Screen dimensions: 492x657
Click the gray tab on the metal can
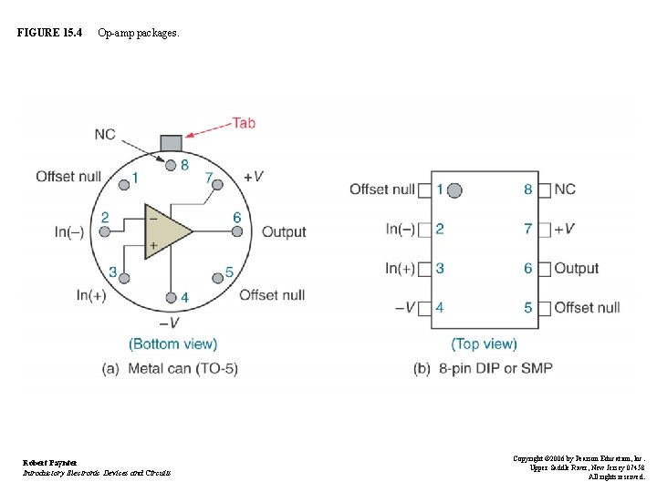171,142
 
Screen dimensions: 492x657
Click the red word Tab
243,122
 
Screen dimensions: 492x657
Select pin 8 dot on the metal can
171,164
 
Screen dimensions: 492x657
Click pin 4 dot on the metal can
172,297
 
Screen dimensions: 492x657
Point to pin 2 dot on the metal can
105,231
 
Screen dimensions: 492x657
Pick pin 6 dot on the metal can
236,231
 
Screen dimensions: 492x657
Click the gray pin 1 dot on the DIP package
454,190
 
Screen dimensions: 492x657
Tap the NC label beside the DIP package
565,190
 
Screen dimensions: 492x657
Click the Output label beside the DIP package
577,269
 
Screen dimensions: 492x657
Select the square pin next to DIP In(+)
423,269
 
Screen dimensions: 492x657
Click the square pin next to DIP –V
423,308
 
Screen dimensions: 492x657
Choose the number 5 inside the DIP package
527,308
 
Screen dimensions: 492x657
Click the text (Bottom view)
173,343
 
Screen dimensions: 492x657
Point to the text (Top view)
484,343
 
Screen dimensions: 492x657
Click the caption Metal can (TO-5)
182,368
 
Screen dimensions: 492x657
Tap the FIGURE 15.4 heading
49,33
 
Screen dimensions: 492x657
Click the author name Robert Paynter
50,463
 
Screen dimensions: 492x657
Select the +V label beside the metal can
254,176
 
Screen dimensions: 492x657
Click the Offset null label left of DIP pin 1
381,190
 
